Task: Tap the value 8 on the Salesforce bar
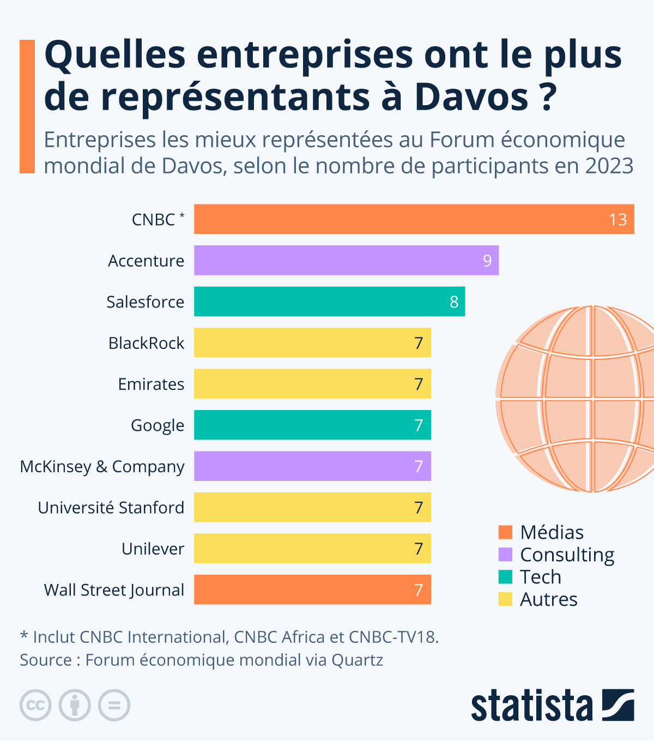454,302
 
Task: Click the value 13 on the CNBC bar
617,220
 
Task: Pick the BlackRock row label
146,343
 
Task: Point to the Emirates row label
151,384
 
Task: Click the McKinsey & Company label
102,467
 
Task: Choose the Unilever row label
153,549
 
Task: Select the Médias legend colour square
505,532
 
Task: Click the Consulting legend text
567,555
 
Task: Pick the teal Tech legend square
505,577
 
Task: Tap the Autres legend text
548,599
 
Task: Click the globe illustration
578,398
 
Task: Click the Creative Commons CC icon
35,706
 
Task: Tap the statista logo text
531,706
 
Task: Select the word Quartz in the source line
357,660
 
